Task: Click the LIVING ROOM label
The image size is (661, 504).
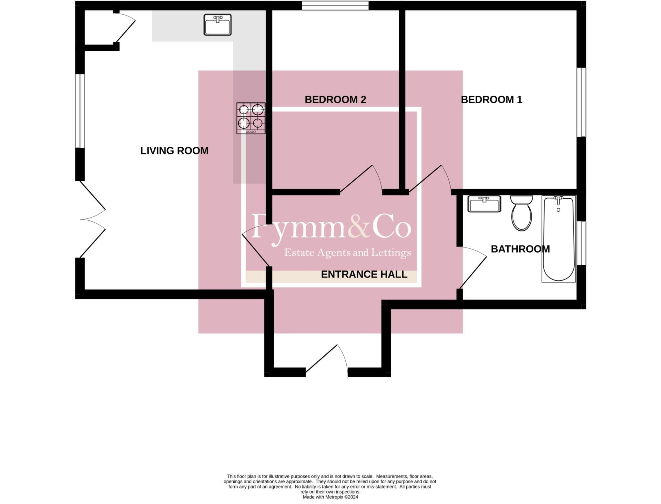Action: point(174,151)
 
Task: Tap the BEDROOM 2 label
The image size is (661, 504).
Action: point(335,100)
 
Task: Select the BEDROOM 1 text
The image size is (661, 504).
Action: point(491,100)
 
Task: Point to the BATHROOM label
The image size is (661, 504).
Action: point(520,249)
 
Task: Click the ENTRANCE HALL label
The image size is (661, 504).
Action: point(364,274)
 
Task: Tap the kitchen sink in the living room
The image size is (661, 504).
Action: point(218,25)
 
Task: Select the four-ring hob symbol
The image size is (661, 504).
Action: point(251,118)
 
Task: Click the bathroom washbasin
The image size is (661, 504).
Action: point(484,204)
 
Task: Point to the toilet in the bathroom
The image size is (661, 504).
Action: point(521,213)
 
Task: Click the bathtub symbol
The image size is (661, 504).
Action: point(558,239)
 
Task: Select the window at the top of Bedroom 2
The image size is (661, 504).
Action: point(335,5)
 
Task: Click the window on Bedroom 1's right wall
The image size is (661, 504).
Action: point(581,102)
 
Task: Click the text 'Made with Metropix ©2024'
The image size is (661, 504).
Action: point(330,497)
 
